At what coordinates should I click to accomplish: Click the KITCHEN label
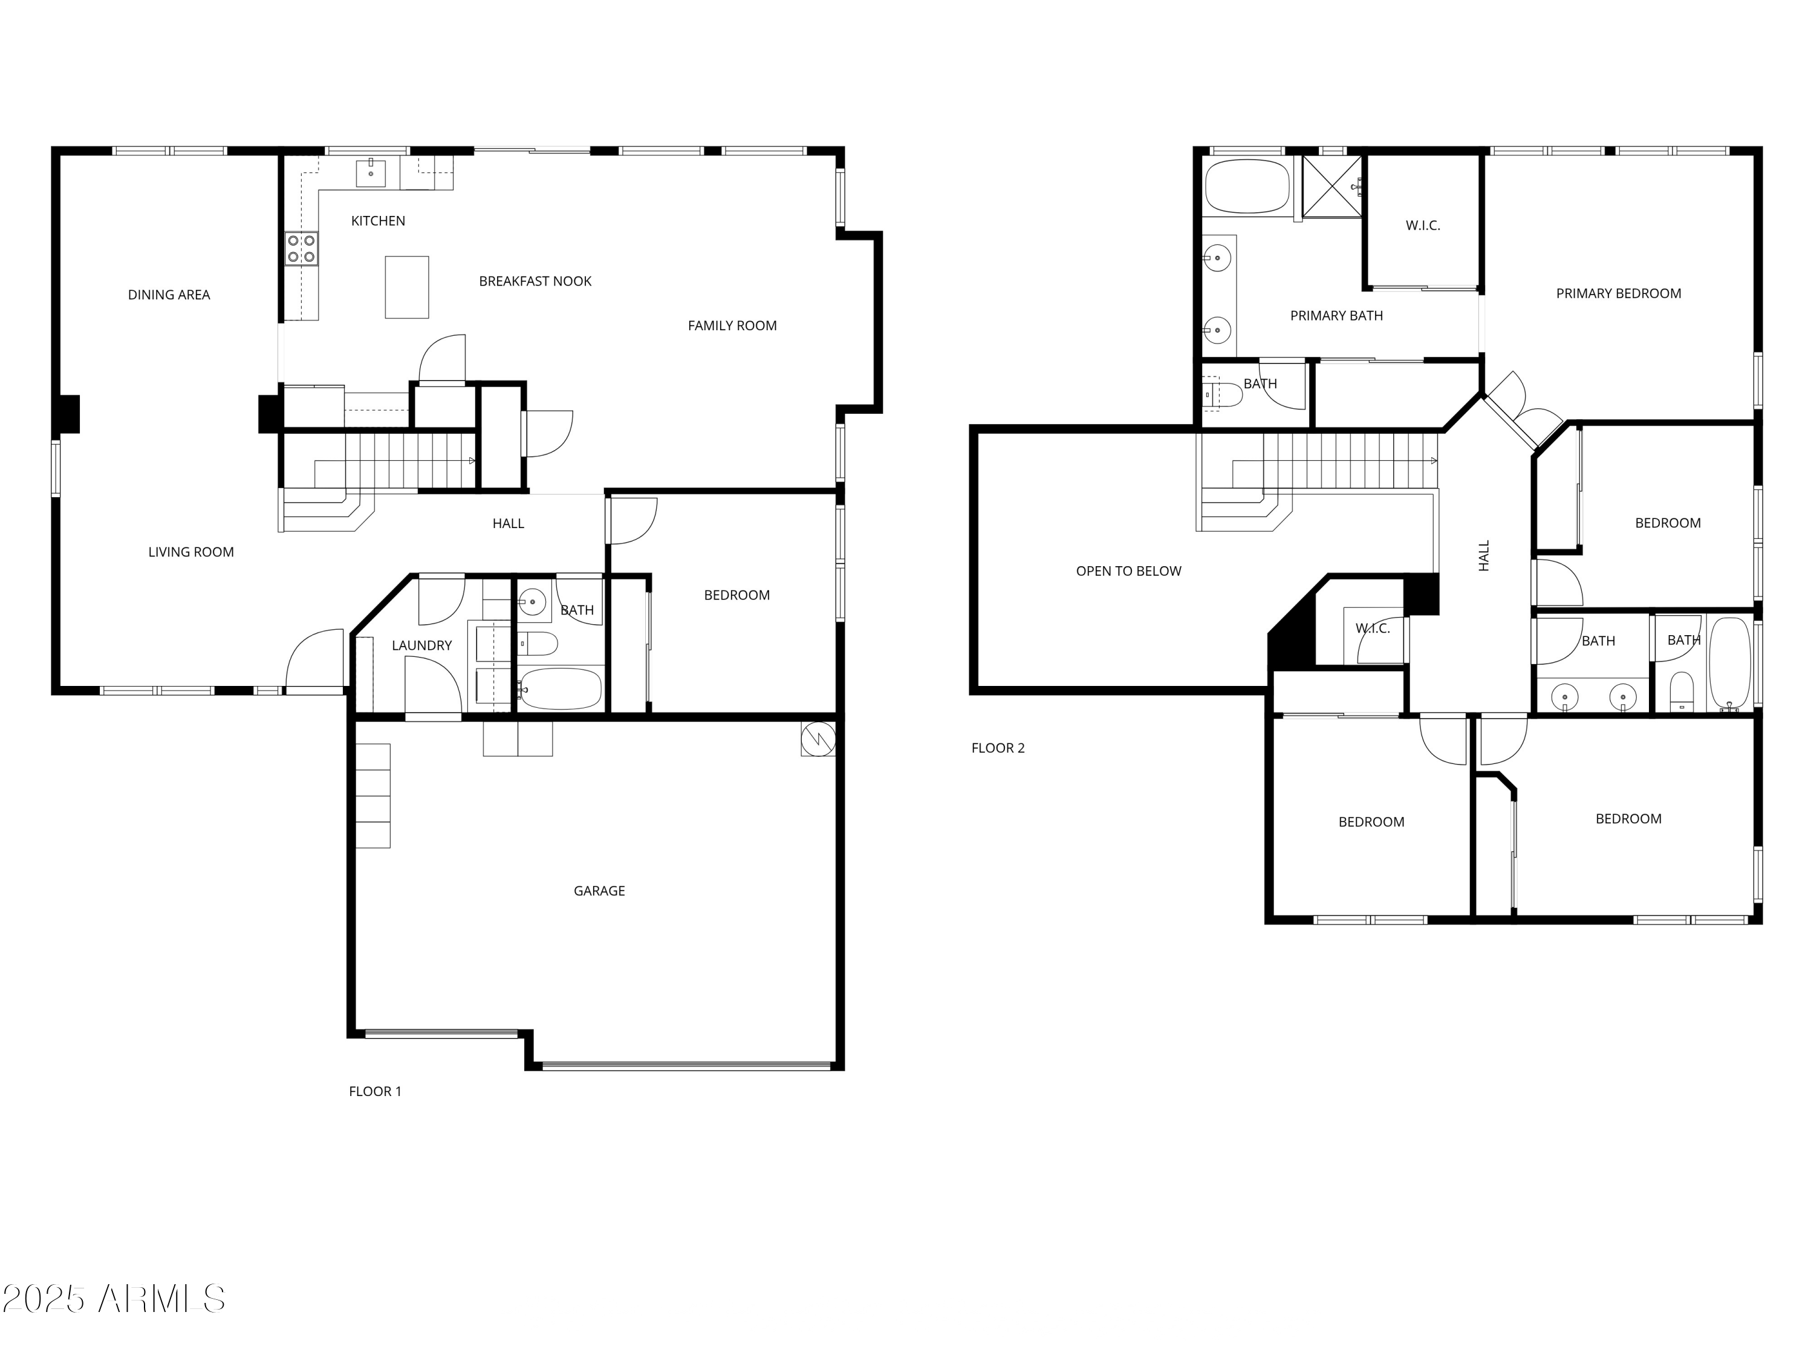(x=377, y=221)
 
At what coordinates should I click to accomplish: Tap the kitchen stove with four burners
(x=301, y=249)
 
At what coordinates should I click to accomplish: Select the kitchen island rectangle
(x=407, y=287)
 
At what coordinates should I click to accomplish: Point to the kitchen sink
(x=371, y=173)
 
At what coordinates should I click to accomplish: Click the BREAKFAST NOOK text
(x=535, y=281)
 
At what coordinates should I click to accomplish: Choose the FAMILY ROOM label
(x=732, y=325)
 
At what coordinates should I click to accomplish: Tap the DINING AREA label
(x=169, y=295)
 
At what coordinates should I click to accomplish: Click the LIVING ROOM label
(x=190, y=552)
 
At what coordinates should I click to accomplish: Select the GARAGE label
(x=599, y=891)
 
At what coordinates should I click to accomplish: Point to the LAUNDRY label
(x=421, y=645)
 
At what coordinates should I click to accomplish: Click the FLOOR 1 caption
(x=375, y=1091)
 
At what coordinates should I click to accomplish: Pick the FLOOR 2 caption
(x=997, y=748)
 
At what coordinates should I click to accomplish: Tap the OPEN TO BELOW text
(x=1128, y=571)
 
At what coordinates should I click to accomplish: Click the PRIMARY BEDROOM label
(x=1618, y=294)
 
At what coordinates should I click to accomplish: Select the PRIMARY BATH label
(x=1336, y=316)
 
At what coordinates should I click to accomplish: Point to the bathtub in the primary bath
(x=1246, y=186)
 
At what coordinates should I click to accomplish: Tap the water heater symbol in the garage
(x=818, y=739)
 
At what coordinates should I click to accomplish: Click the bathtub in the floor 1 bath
(x=561, y=688)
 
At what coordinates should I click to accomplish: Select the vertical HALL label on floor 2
(x=1483, y=555)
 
